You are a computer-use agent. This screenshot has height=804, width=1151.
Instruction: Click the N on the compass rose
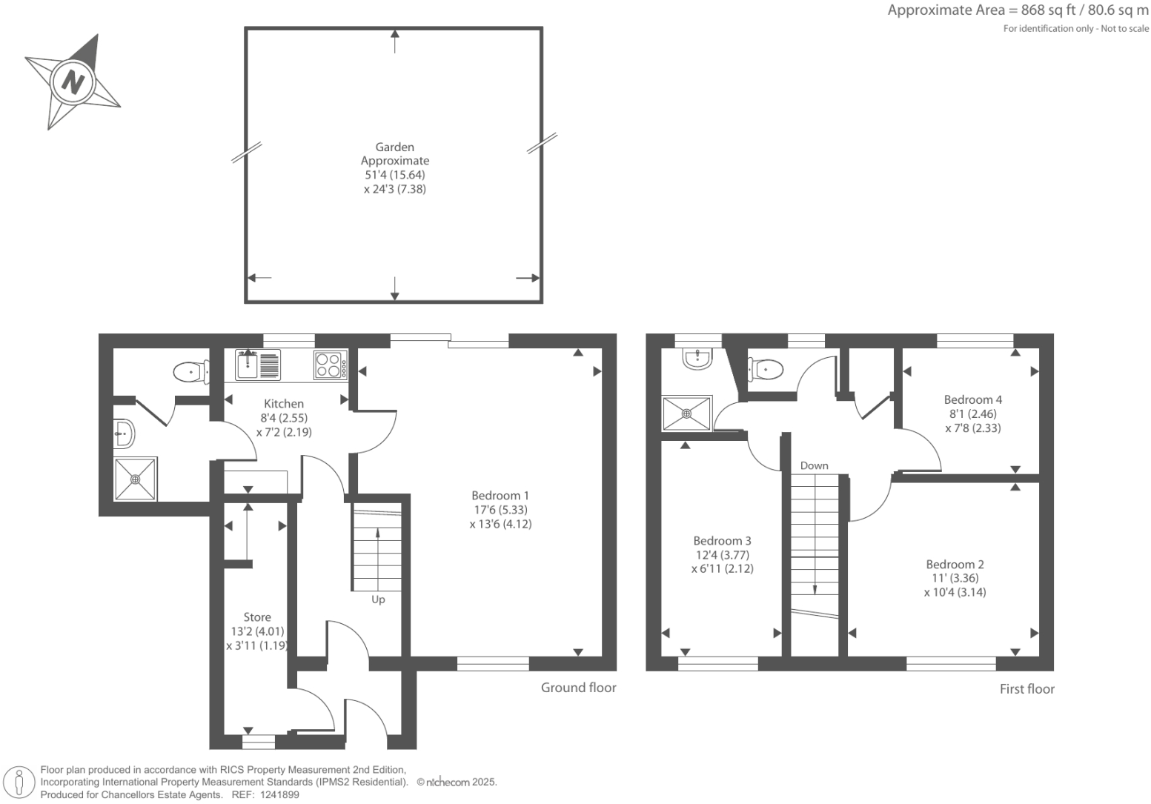click(x=73, y=81)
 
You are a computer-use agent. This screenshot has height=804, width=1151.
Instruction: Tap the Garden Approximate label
click(x=394, y=154)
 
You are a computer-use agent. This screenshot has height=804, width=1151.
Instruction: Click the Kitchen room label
click(x=284, y=404)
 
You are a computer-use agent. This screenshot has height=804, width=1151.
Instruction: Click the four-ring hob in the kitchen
click(x=330, y=365)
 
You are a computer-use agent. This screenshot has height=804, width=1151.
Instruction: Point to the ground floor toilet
click(x=189, y=371)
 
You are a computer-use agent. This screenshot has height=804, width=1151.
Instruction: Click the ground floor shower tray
click(x=136, y=479)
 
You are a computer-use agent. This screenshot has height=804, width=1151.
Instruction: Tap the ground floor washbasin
click(x=124, y=433)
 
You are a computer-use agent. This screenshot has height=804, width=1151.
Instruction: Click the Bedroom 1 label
click(x=500, y=495)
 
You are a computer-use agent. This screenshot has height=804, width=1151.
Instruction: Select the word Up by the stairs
click(x=378, y=599)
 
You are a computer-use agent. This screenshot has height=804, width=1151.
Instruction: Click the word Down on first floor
click(x=814, y=465)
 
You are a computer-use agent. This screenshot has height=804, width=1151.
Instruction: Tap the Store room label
click(x=257, y=617)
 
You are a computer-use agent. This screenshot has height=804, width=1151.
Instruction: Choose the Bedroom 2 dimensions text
click(x=955, y=585)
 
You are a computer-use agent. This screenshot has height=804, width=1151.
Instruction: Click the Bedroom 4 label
click(x=972, y=399)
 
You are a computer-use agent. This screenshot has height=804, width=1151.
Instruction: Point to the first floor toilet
click(x=766, y=368)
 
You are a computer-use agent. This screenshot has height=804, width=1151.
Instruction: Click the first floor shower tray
click(x=686, y=413)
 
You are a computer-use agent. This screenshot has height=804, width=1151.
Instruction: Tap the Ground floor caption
click(x=578, y=688)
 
